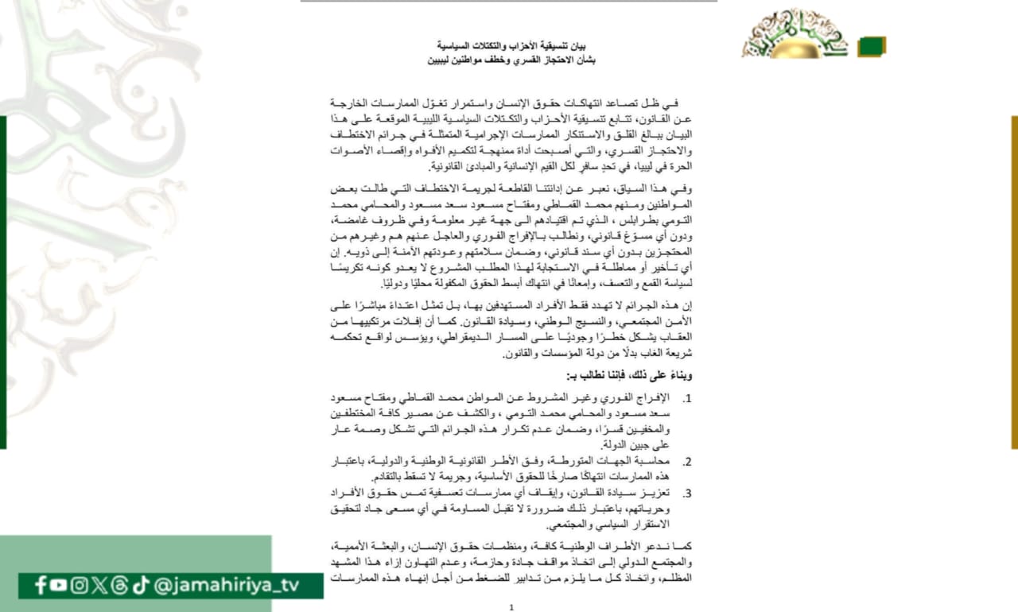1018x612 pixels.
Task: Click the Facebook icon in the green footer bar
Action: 41,586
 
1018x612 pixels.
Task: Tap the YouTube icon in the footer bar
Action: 59,586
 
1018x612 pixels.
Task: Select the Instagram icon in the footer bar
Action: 79,586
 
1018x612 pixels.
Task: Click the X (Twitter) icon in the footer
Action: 99,586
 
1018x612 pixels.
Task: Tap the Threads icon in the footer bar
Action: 119,586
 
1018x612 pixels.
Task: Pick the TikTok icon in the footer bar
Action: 140,586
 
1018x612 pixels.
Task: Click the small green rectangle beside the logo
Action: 871,47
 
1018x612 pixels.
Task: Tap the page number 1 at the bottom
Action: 511,606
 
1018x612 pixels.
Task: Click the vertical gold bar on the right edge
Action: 1014,282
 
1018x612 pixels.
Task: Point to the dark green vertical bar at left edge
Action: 3,282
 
